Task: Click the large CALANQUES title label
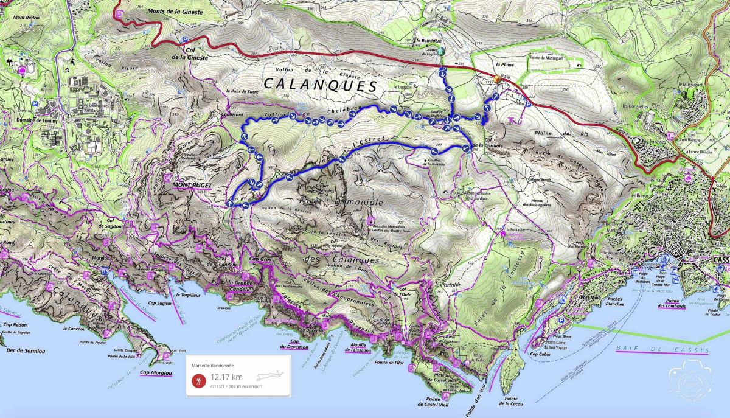click(x=320, y=84)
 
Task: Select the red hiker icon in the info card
click(x=198, y=380)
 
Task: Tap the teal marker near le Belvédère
click(x=442, y=52)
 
